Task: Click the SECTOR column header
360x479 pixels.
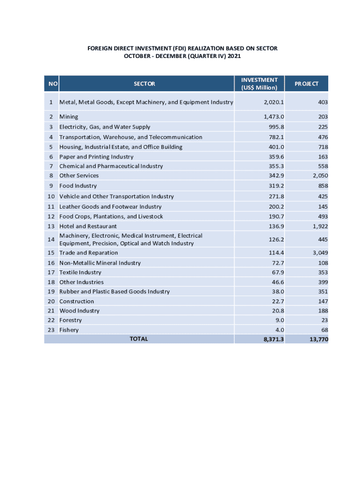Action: pos(144,84)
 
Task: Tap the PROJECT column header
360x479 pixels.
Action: pos(306,84)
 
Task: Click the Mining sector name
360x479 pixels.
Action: pos(69,116)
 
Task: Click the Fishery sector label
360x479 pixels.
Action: pos(69,330)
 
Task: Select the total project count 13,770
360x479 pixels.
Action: pos(318,339)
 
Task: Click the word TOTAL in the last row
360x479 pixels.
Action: pos(138,339)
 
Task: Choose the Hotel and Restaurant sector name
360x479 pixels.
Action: pos(88,226)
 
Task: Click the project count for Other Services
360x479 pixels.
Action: pos(319,175)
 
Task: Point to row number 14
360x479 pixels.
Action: pos(51,239)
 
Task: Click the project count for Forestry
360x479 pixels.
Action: pos(324,320)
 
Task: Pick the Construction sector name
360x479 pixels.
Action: pos(76,301)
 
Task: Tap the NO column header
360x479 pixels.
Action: pos(52,84)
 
